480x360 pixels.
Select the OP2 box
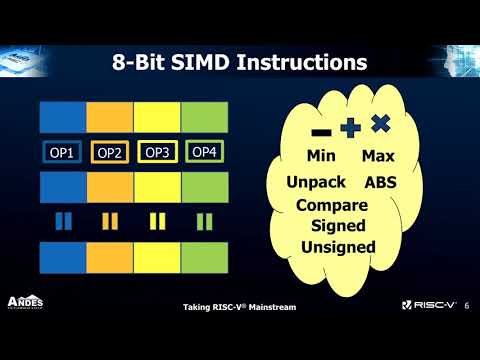point(110,153)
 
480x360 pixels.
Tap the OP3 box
point(157,152)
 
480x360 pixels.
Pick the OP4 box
point(203,152)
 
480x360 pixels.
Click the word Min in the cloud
point(321,157)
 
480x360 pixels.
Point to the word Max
point(378,157)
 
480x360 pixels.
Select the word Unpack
point(316,183)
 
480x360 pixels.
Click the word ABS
point(381,183)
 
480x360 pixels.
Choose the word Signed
point(338,226)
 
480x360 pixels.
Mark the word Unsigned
point(338,247)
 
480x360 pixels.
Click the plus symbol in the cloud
point(349,128)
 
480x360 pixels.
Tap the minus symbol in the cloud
point(321,132)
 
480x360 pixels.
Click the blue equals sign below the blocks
point(63,219)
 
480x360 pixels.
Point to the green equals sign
point(204,219)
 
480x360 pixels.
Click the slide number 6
point(468,306)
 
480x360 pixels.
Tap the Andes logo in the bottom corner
point(26,302)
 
